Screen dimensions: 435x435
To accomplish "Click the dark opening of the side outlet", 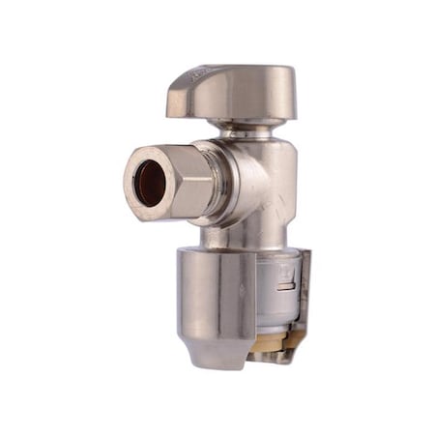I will [148, 183].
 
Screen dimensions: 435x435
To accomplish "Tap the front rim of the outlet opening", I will [130, 184].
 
